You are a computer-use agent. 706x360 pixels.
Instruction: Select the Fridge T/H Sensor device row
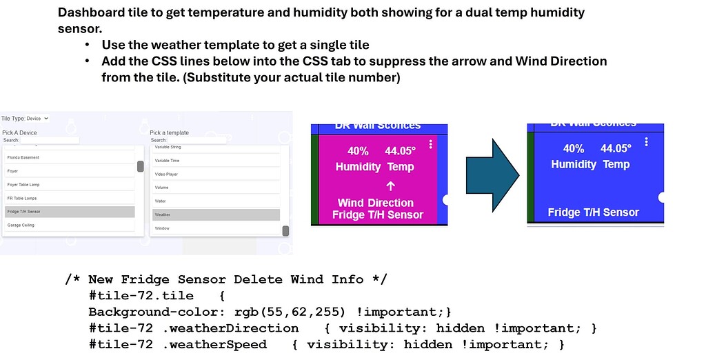tap(69, 212)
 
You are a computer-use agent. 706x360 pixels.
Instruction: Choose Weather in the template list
tap(216, 214)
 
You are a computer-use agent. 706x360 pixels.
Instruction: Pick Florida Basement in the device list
tap(69, 157)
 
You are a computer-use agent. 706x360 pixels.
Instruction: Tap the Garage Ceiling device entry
tap(69, 226)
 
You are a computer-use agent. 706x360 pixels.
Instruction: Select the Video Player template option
tap(216, 174)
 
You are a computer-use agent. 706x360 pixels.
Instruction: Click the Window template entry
tap(216, 228)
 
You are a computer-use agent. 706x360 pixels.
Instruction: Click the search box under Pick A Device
tap(50, 140)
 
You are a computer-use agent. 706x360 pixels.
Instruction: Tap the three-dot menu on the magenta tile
tap(431, 144)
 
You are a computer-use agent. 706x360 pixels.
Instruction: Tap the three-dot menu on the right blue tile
tap(646, 141)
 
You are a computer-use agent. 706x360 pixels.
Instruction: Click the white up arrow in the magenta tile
tap(390, 186)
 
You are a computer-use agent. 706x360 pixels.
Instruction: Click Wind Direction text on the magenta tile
tap(376, 203)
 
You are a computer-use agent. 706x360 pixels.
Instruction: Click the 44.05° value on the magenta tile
tap(401, 151)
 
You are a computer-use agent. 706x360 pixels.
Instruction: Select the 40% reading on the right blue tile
tap(574, 148)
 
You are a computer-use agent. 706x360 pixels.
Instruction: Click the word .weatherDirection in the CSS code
tap(230, 328)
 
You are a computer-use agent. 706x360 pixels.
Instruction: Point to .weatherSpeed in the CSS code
tap(214, 344)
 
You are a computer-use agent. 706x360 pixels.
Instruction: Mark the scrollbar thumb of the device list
tap(141, 166)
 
